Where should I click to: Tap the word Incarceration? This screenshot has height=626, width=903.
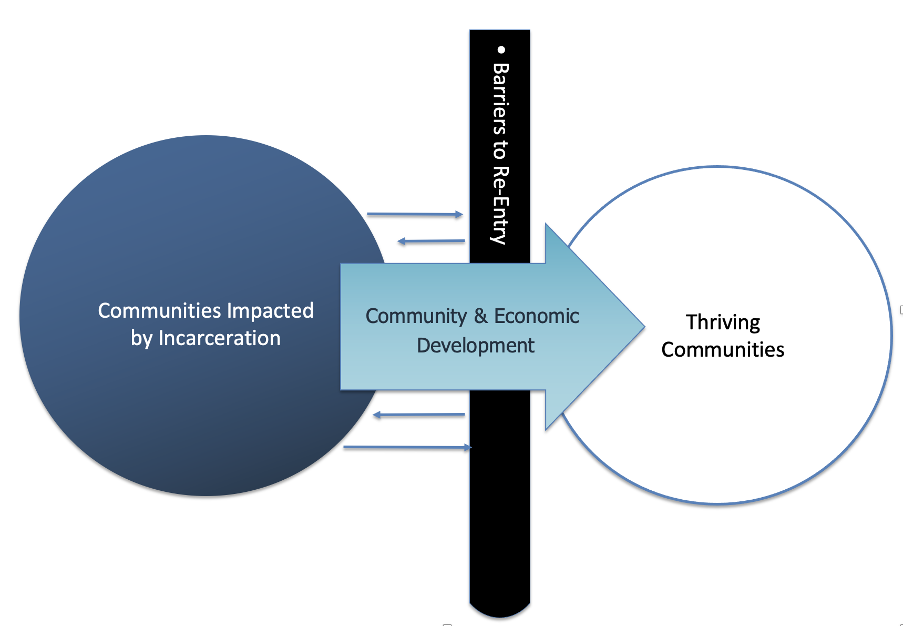point(219,338)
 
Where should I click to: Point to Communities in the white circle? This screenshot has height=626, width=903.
point(723,349)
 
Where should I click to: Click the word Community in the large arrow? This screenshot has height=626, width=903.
point(416,317)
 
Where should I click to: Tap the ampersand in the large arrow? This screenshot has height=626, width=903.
point(480,316)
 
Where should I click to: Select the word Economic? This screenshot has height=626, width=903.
point(536,316)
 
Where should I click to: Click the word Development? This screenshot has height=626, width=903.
point(475,346)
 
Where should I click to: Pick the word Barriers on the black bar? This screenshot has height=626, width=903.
point(500,98)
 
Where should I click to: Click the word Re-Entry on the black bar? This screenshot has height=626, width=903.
point(500,205)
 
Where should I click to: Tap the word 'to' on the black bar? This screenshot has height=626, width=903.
point(500,149)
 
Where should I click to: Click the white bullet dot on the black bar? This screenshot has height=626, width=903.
point(501,50)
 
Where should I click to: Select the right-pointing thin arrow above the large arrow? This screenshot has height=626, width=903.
point(415,214)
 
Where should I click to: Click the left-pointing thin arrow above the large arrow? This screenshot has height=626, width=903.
point(431,241)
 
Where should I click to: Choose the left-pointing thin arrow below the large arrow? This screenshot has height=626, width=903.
point(419,415)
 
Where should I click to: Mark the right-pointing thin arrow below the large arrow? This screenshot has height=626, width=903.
point(407,447)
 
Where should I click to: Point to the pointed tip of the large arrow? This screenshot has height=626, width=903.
point(644,327)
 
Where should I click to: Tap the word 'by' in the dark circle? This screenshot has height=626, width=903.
point(141,339)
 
